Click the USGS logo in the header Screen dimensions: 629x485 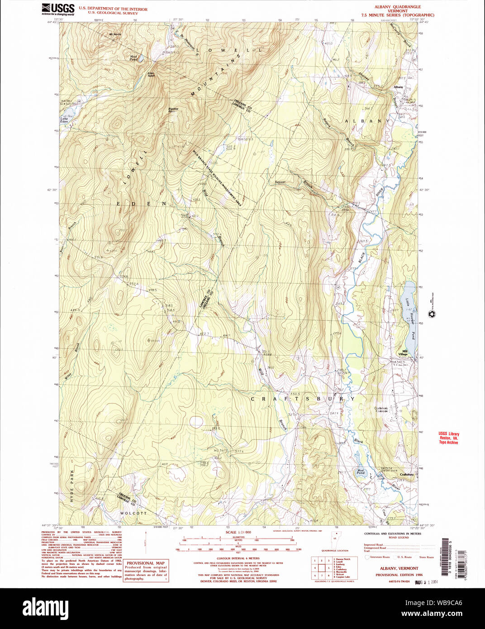pos(58,9)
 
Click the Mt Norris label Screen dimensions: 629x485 pos(115,34)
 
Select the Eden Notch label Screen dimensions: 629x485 pos(151,74)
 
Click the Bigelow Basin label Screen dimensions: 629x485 pos(173,110)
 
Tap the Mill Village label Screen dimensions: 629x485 pos(403,353)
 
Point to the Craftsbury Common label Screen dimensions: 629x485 pos(381,409)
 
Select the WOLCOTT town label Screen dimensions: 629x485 pos(133,513)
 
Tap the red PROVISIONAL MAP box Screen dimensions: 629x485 pos(145,571)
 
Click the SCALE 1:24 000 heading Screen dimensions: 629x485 pos(238,532)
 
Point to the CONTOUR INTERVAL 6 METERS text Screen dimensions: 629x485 pos(238,558)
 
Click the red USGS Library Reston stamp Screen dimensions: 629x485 pos(448,438)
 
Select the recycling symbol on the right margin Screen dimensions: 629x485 pos(432,314)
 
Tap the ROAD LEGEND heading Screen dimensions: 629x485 pos(398,538)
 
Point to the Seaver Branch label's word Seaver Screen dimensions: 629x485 pos(281,182)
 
